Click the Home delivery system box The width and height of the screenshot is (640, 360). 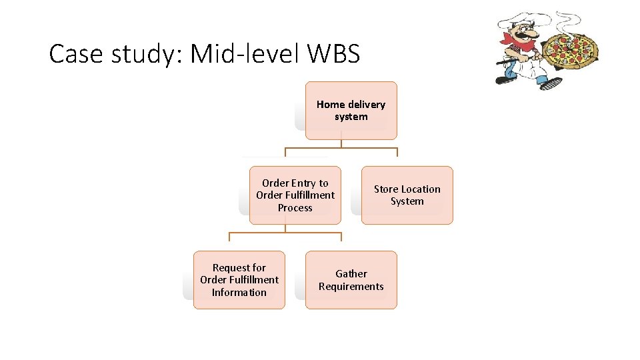[x=351, y=111]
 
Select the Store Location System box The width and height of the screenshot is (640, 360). [x=407, y=195]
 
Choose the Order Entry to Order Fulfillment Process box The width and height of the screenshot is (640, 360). [x=295, y=195]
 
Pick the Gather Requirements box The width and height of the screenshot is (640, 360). [x=351, y=280]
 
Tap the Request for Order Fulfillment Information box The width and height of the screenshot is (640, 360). [x=239, y=280]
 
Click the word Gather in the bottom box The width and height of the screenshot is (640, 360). [x=351, y=273]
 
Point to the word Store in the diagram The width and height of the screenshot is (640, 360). [x=386, y=189]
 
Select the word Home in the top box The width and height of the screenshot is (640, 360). [x=330, y=105]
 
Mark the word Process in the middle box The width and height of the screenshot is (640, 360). [x=295, y=208]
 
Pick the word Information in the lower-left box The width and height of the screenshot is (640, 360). [x=239, y=293]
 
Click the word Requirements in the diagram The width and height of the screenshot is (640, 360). [x=351, y=287]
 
